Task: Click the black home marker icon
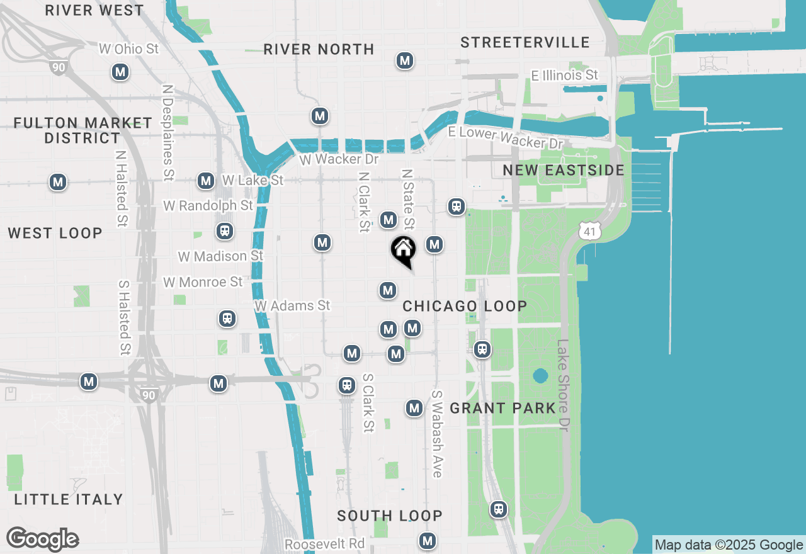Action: coord(403,251)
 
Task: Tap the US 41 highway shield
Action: coord(589,231)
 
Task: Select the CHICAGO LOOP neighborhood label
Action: coord(465,306)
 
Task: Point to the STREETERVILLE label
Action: coord(525,42)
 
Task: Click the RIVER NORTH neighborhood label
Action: coord(319,49)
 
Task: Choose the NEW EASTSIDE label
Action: coord(564,170)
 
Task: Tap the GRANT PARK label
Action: coord(502,408)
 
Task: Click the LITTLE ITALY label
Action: coord(68,499)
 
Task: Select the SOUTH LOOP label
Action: coord(390,516)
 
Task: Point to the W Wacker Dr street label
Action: coord(339,159)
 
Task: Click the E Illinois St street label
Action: coord(564,76)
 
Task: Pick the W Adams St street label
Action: coord(292,305)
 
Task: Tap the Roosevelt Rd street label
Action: coord(324,543)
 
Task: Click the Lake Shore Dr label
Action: coord(562,385)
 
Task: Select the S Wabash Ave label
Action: coord(437,434)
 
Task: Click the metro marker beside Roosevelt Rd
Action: coord(428,540)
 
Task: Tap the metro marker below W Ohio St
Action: coord(120,72)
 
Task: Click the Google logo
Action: coord(43,539)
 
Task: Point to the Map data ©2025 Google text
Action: coord(729,545)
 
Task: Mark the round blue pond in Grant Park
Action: coord(540,376)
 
